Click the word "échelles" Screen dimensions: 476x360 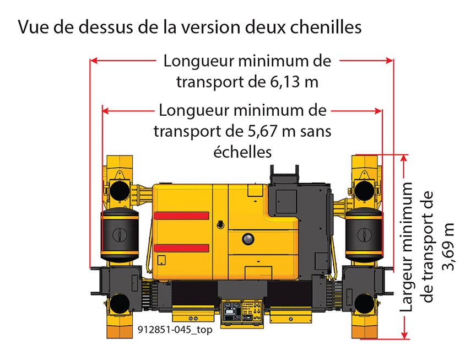coord(242,152)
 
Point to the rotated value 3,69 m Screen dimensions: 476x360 coord(448,246)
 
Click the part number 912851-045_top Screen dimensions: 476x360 coord(175,329)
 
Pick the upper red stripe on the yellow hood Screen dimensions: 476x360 coord(181,216)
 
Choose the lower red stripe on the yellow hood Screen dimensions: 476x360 coord(181,248)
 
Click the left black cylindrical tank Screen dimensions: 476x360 coord(120,235)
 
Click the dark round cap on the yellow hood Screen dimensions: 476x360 coord(248,239)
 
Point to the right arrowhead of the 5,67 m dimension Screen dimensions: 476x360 coord(378,111)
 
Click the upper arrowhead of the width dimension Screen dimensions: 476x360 coord(404,159)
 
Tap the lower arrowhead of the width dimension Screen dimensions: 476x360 coord(404,335)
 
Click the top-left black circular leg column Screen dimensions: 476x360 coord(120,190)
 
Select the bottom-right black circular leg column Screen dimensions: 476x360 coord(364,304)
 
